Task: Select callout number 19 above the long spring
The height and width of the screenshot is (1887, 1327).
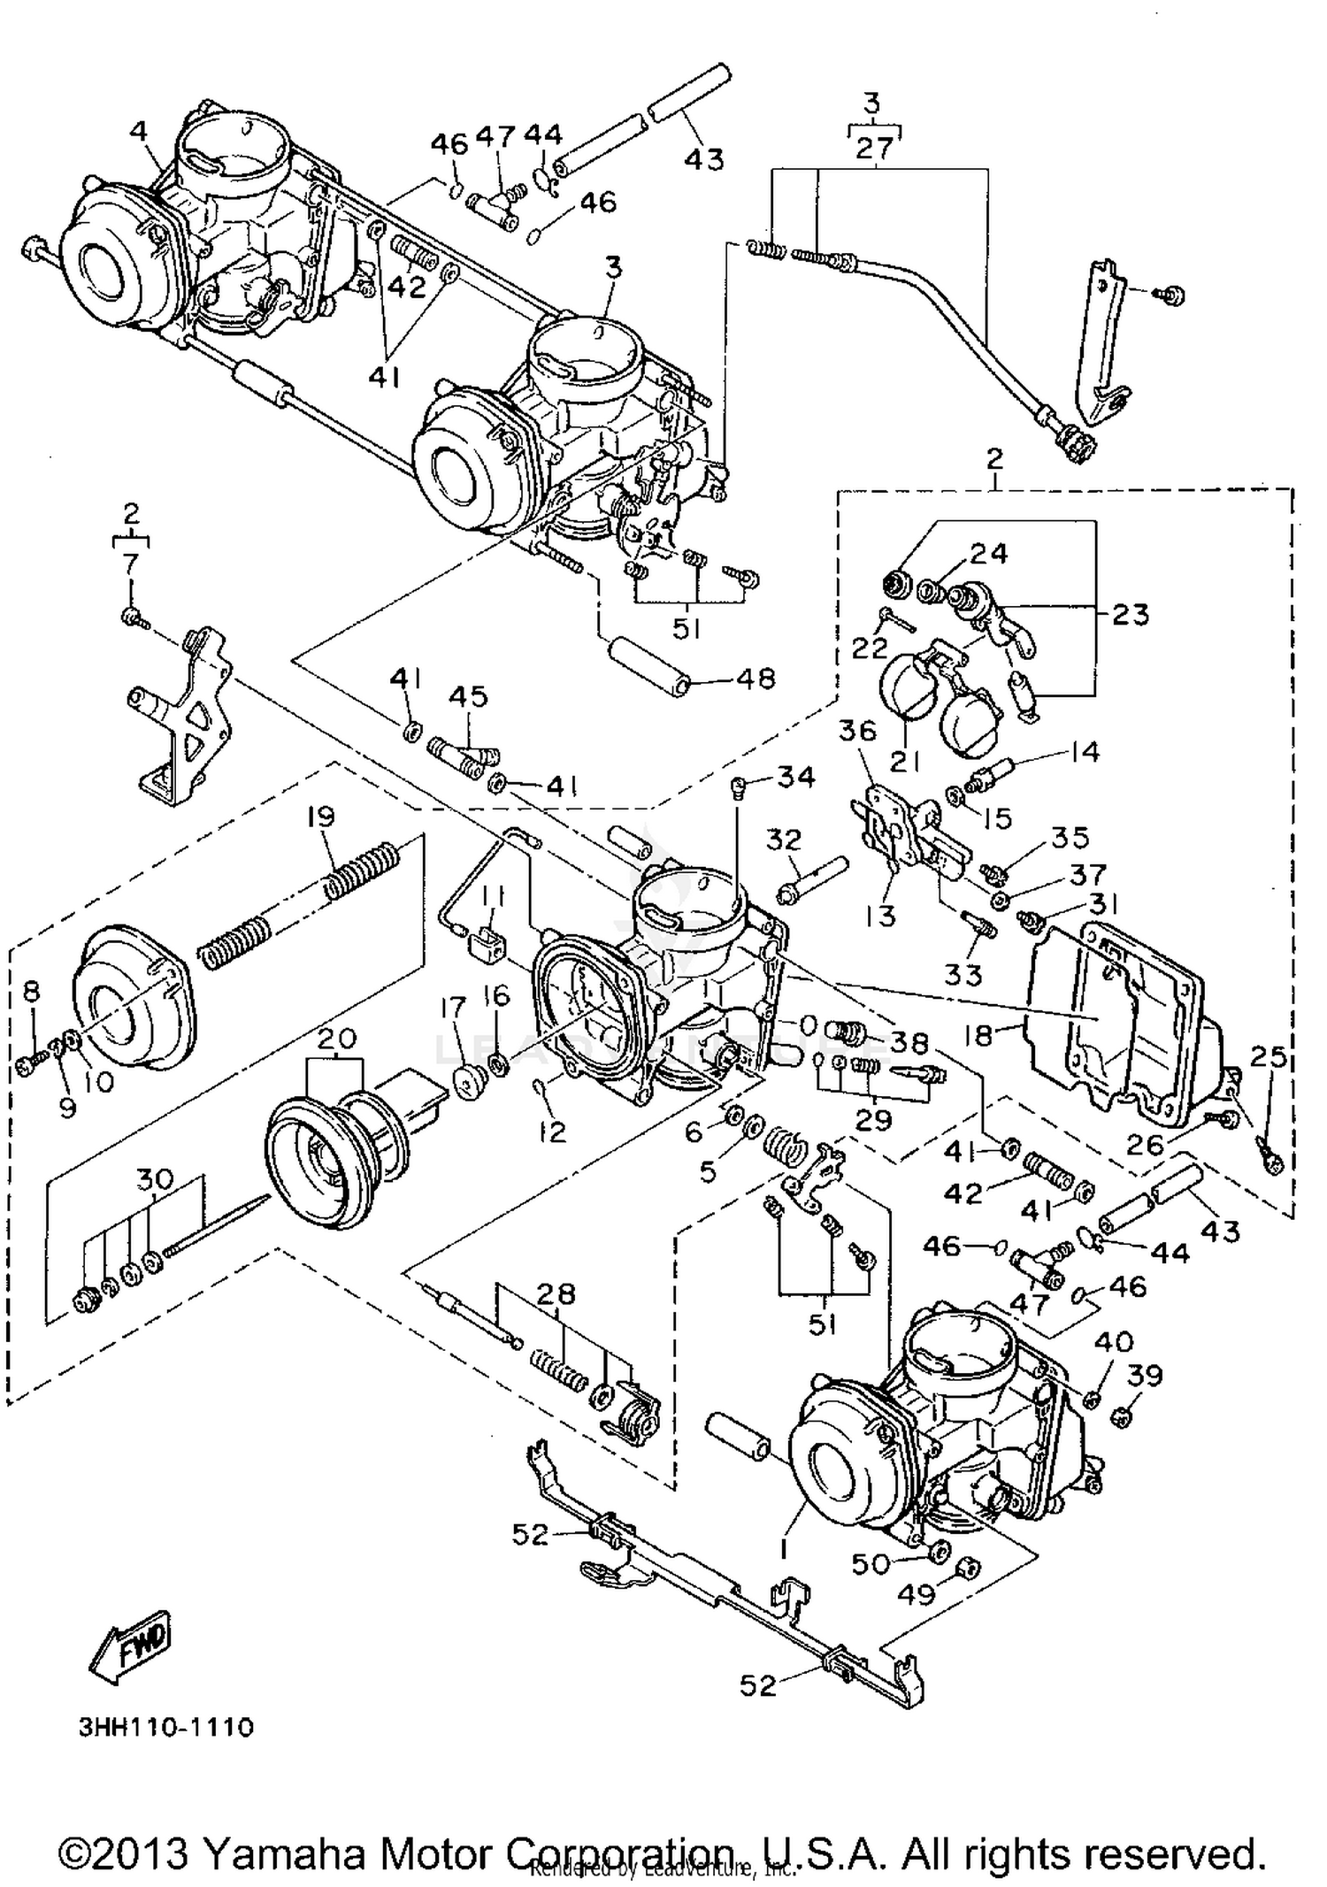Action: pyautogui.click(x=320, y=816)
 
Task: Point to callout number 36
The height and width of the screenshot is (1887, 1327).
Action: pyautogui.click(x=856, y=731)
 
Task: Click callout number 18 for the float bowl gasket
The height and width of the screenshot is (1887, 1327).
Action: pyautogui.click(x=978, y=1034)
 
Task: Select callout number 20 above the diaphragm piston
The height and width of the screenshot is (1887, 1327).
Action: pyautogui.click(x=335, y=1038)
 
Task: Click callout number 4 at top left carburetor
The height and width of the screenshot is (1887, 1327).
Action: pyautogui.click(x=137, y=131)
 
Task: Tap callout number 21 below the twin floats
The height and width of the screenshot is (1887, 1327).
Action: pyautogui.click(x=903, y=760)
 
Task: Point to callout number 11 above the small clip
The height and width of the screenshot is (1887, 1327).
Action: pyautogui.click(x=493, y=900)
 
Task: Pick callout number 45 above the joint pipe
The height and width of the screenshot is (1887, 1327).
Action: pyautogui.click(x=468, y=696)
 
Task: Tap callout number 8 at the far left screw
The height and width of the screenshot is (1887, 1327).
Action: pyautogui.click(x=32, y=991)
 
